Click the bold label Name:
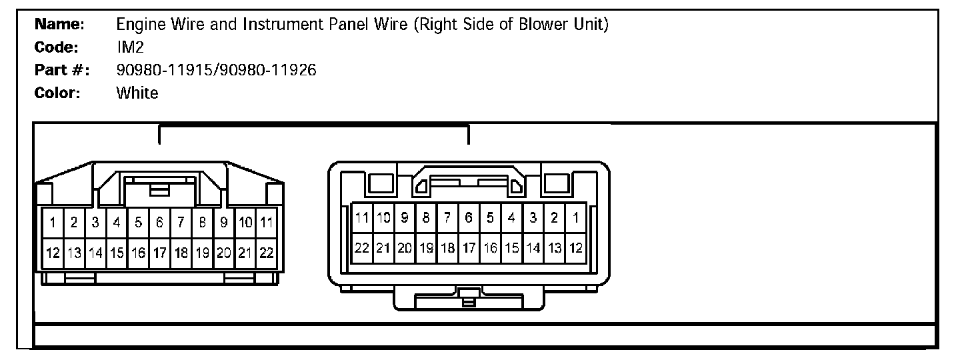pos(59,25)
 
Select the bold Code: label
pos(57,48)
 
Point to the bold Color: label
pos(57,93)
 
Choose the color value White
pos(137,93)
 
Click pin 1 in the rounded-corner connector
pos(575,217)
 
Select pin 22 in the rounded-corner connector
pos(362,248)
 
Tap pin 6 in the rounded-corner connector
pos(469,217)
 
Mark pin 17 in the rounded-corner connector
pos(469,248)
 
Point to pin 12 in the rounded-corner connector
pos(575,248)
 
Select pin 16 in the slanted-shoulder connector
pos(138,253)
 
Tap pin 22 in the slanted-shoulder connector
pos(267,253)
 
